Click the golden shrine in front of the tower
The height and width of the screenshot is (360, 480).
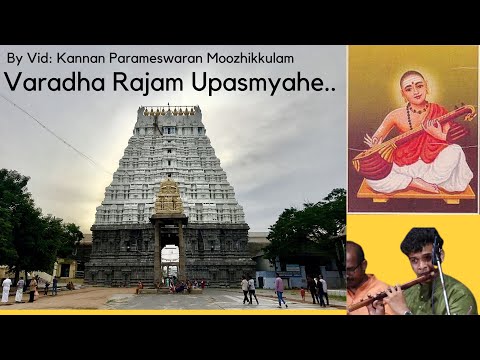click(x=169, y=200)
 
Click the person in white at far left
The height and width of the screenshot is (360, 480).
click(x=6, y=289)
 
